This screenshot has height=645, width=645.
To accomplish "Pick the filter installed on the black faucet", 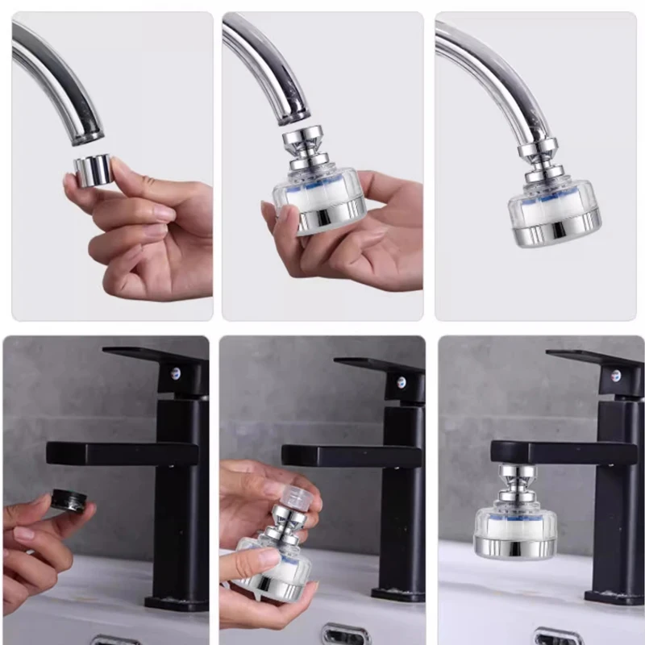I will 514,528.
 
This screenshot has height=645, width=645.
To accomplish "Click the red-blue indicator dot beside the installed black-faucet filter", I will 616,375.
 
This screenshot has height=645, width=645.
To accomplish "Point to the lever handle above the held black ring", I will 121,452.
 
